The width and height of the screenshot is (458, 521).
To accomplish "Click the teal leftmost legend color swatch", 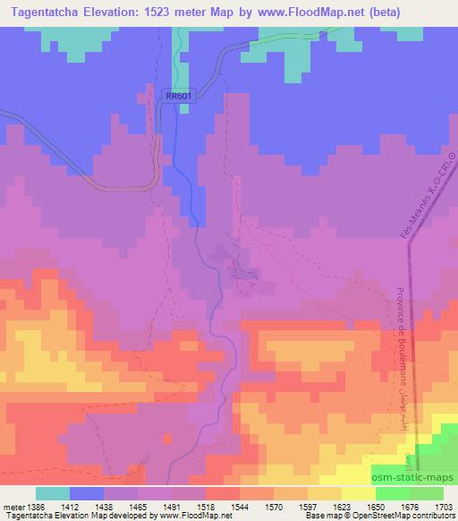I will click(53, 492).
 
